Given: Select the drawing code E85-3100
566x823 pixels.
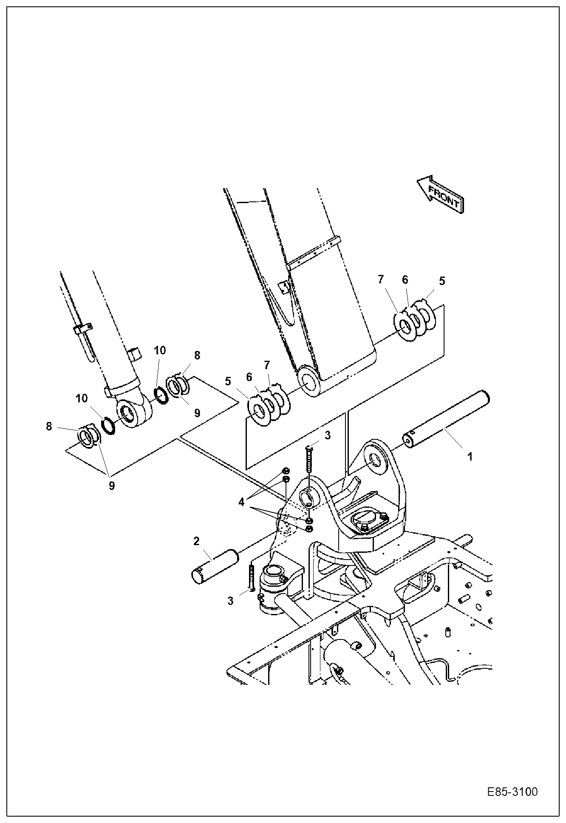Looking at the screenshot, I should click(x=512, y=792).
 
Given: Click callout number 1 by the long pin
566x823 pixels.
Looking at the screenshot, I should click(x=470, y=457).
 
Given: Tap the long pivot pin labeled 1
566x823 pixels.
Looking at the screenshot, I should click(x=446, y=419).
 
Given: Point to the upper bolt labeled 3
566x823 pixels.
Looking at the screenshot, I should click(x=308, y=459).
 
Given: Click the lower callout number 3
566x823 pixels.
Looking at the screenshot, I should click(x=230, y=600).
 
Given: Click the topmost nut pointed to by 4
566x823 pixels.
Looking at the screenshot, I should click(x=286, y=470).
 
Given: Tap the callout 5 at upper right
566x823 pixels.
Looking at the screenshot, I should click(x=442, y=280).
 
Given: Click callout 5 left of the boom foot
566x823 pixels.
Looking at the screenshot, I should click(x=228, y=381).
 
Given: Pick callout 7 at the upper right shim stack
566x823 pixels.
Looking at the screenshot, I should click(x=380, y=279).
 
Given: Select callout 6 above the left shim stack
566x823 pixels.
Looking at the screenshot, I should click(x=249, y=377).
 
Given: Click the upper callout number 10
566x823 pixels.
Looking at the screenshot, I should click(x=160, y=351).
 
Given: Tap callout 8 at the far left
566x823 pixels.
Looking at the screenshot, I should click(x=49, y=426).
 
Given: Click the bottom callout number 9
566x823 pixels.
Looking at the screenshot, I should click(x=112, y=486).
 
